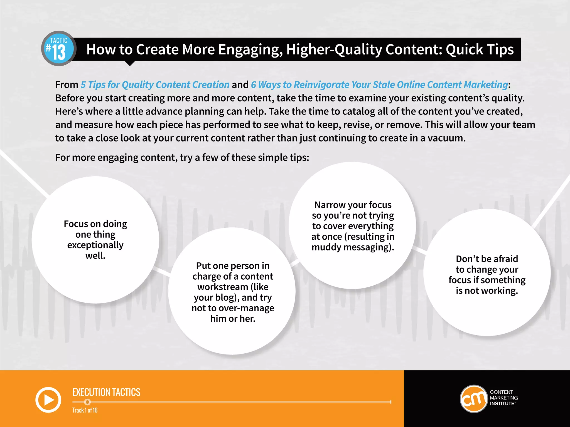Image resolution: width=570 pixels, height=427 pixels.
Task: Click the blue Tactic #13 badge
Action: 59,49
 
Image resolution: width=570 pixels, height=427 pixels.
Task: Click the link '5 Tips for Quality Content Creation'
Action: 155,85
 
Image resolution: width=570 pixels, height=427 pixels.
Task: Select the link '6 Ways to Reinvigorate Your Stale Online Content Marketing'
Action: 379,85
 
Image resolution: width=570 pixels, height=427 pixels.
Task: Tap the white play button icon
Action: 48,400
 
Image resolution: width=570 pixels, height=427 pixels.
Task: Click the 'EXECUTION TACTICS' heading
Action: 106,392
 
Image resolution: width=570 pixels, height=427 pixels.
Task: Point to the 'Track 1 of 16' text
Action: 85,410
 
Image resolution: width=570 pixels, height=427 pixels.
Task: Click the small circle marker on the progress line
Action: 87,402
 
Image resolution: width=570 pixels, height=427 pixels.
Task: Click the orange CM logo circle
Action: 473,399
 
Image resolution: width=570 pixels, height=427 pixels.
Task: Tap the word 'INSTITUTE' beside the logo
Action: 502,404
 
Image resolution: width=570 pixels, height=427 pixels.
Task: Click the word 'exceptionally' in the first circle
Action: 95,245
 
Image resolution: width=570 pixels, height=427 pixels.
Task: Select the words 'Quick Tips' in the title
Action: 480,49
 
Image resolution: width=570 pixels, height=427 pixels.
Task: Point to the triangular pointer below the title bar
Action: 130,63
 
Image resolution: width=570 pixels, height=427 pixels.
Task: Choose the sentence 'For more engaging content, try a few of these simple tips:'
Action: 182,158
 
